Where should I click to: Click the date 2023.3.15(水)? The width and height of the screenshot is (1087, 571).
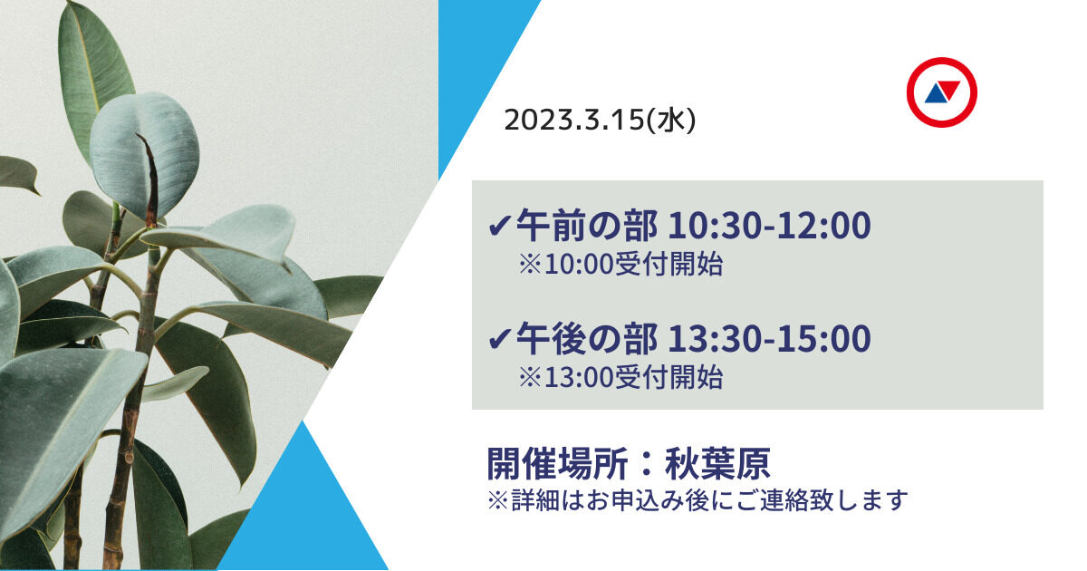pyautogui.click(x=600, y=120)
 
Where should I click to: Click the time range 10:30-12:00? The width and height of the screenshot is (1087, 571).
pyautogui.click(x=768, y=227)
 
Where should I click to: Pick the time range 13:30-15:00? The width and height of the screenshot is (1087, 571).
pyautogui.click(x=768, y=338)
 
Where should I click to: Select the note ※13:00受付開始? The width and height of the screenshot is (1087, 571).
pyautogui.click(x=620, y=377)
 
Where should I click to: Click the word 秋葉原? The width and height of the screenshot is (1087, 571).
pyautogui.click(x=717, y=464)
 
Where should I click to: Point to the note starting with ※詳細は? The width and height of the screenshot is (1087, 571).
pyautogui.click(x=697, y=499)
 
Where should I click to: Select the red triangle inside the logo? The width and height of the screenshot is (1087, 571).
pyautogui.click(x=949, y=89)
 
